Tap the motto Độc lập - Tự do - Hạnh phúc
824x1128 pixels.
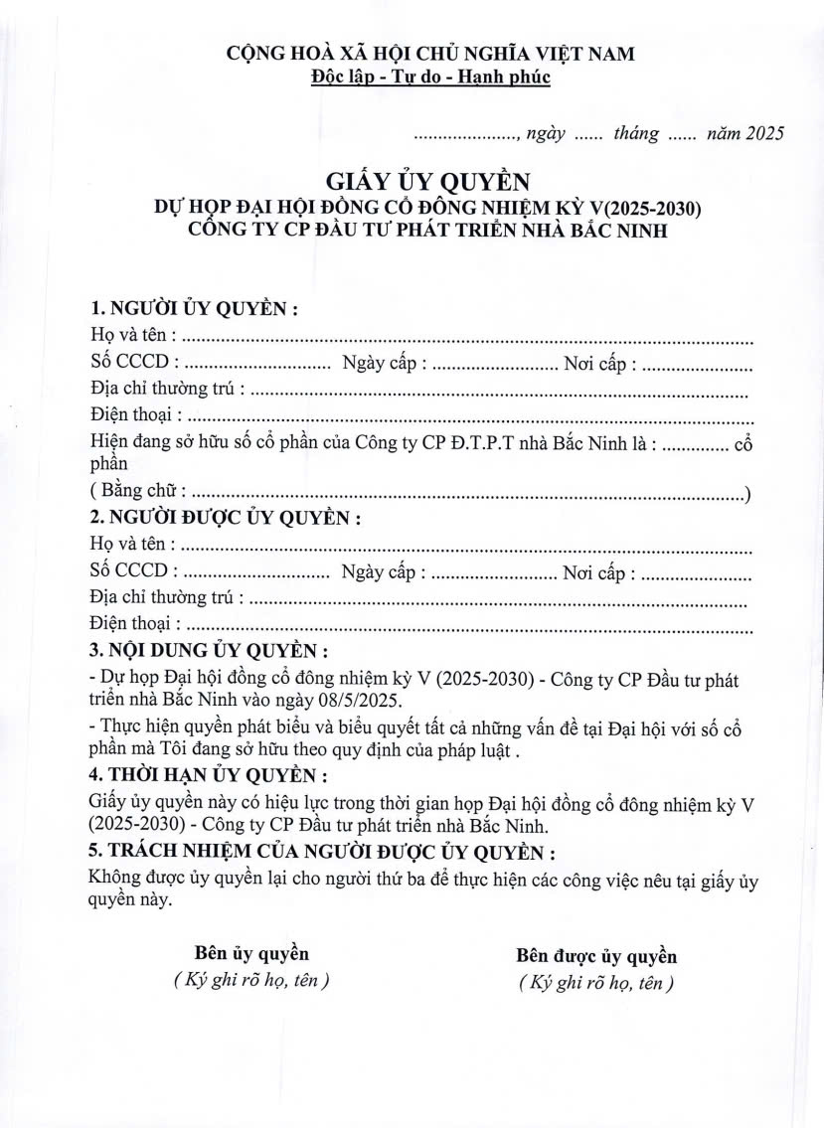[x=430, y=77]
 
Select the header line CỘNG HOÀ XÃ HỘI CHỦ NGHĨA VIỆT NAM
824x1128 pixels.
[x=430, y=54]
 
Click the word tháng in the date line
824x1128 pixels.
[x=635, y=134]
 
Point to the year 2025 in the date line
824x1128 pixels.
[x=763, y=134]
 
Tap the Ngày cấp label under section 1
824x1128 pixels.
[x=384, y=364]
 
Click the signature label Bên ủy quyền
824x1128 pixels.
[x=251, y=954]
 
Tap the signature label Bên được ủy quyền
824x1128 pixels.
[x=596, y=956]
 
